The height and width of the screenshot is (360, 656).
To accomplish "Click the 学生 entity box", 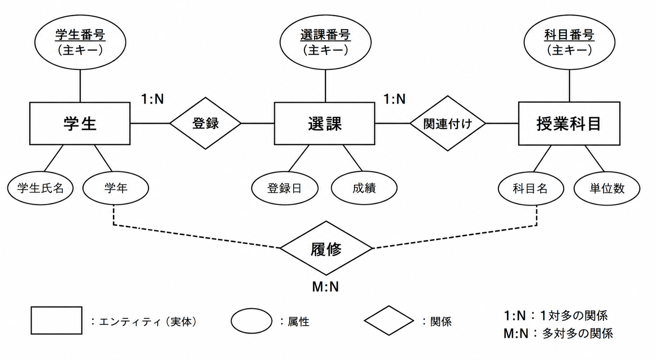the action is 80,123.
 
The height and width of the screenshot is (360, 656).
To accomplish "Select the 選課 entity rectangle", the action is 324,123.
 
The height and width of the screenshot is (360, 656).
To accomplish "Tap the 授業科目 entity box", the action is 569,123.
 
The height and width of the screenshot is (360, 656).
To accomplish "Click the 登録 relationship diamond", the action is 205,123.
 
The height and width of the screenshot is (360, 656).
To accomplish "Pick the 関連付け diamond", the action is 448,123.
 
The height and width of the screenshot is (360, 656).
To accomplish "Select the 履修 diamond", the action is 326,248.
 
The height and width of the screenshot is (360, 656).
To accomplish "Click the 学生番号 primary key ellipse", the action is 80,42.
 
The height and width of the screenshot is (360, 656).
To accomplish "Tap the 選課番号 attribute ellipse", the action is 325,42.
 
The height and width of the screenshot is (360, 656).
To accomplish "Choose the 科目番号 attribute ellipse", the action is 569,42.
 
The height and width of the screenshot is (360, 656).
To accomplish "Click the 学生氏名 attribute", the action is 40,188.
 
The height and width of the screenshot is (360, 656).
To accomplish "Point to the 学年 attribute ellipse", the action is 116,188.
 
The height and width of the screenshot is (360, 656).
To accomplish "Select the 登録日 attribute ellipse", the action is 285,188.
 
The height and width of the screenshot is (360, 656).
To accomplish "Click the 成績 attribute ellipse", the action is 364,188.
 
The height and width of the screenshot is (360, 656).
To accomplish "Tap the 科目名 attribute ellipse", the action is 531,189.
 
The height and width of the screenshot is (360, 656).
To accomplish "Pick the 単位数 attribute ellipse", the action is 607,189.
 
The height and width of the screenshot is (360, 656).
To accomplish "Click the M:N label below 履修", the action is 325,287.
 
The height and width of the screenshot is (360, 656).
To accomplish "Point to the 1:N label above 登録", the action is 152,99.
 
